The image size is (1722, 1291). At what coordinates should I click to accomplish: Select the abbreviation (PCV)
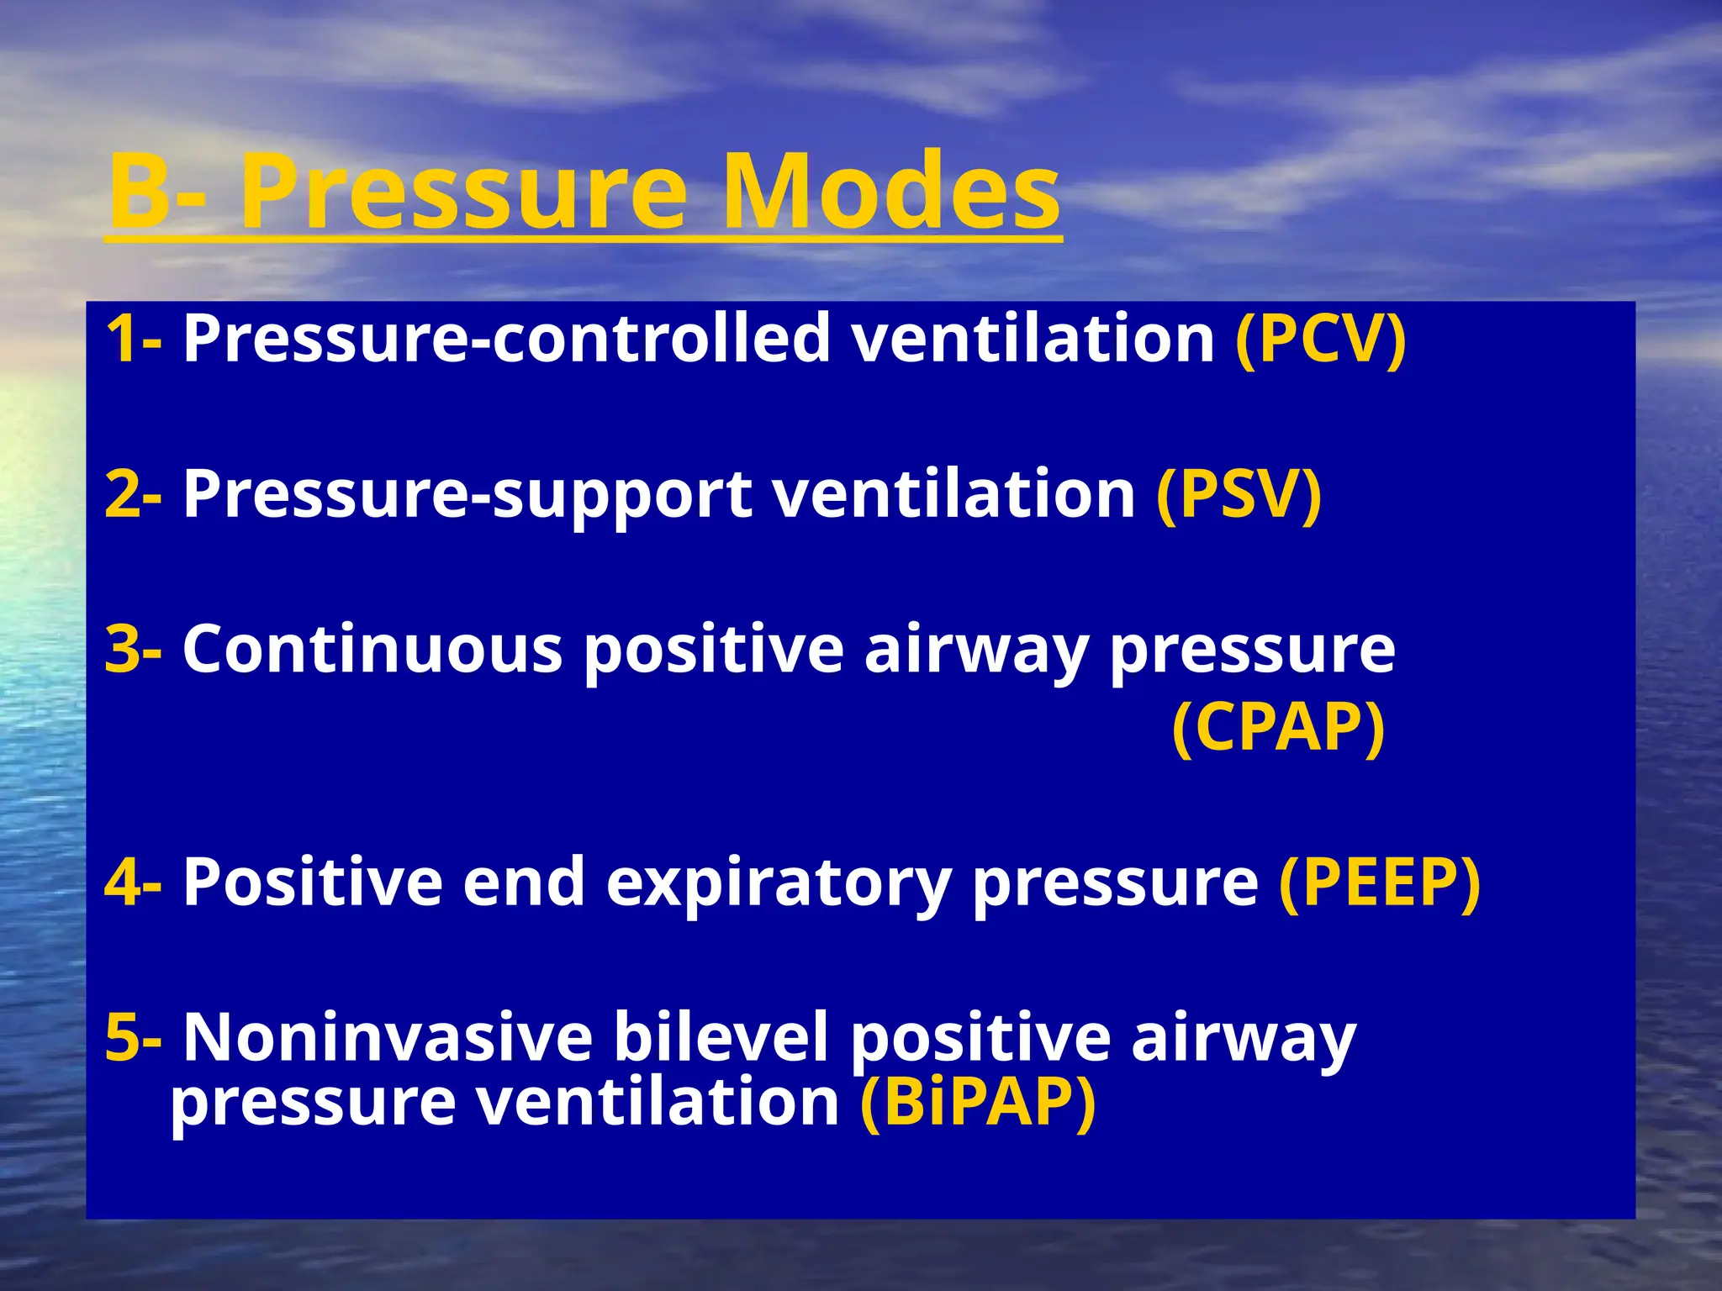point(1320,339)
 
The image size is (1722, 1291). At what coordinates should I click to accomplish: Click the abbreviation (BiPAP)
point(978,1102)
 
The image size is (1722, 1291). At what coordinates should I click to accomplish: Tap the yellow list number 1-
point(134,339)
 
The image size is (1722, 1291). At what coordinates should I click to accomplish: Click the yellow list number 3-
point(134,650)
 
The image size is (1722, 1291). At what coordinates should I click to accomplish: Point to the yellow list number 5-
point(134,1038)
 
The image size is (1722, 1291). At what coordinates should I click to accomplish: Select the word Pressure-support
point(467,496)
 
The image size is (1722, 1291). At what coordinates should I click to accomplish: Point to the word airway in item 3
point(975,651)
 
